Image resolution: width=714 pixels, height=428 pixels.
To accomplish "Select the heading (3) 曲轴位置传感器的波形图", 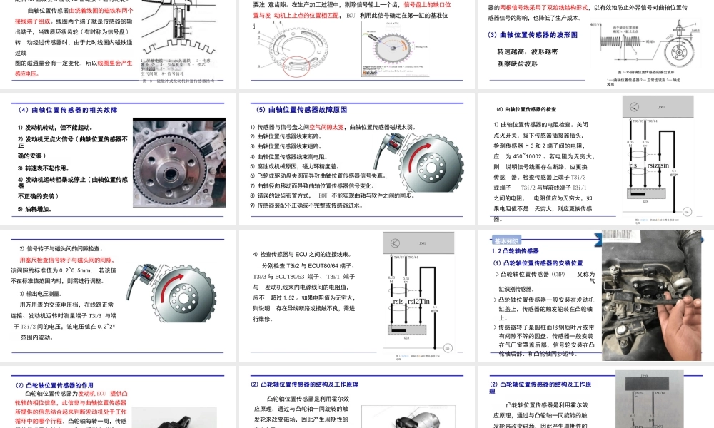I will [x=532, y=35].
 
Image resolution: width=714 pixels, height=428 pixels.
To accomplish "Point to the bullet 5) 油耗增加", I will [x=34, y=209].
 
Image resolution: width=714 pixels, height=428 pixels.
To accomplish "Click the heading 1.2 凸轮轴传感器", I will [x=515, y=250].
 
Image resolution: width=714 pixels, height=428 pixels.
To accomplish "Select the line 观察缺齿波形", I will [x=517, y=63].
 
